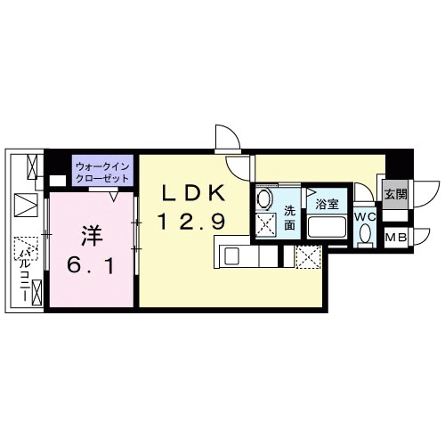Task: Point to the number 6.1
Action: [x=92, y=264]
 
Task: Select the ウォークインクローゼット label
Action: [x=102, y=171]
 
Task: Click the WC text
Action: [x=365, y=215]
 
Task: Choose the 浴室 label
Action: [x=327, y=204]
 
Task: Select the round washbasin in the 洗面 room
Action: [x=264, y=198]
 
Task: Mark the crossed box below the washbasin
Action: [x=265, y=224]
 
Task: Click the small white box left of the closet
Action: [x=59, y=180]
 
